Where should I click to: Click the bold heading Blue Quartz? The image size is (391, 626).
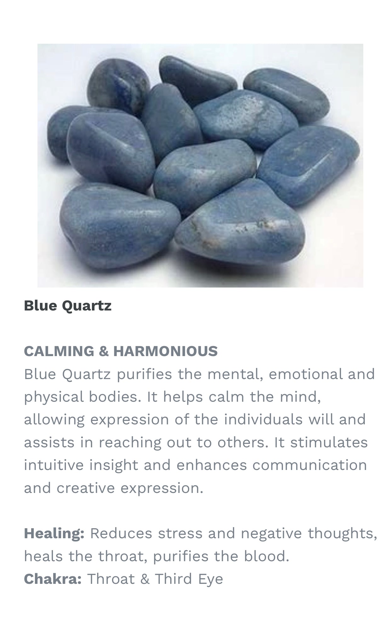[x=68, y=305]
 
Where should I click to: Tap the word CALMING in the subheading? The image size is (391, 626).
[x=59, y=351]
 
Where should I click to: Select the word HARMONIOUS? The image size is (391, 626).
[x=166, y=351]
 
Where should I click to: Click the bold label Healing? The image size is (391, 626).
[x=54, y=534]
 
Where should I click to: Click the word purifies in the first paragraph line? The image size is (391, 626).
[x=144, y=374]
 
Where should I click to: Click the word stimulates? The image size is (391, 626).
[x=329, y=442]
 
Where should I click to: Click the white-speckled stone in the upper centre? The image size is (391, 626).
[x=246, y=118]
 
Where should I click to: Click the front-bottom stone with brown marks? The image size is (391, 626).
[x=240, y=223]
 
